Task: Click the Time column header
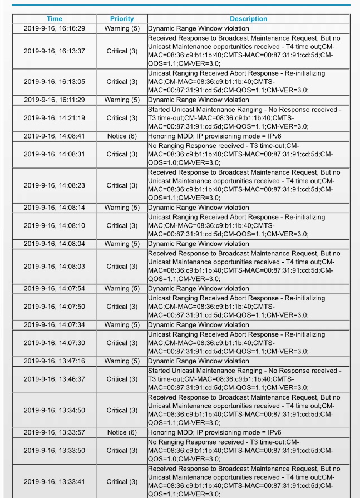pos(55,19)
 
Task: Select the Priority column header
pos(122,19)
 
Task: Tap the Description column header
pos(248,19)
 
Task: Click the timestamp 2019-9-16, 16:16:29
pos(55,28)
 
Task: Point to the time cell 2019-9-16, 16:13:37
pos(55,51)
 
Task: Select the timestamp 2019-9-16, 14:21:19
pos(55,118)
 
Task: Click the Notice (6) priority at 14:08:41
pos(122,136)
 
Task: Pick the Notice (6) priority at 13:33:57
pos(122,432)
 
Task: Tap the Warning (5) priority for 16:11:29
pos(122,100)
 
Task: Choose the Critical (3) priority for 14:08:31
pos(122,154)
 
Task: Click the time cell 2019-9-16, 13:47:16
pos(55,361)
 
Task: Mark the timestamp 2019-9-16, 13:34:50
pos(55,410)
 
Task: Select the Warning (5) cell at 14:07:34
pos(122,325)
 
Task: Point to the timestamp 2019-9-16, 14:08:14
pos(55,208)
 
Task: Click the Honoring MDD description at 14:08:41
pos(214,136)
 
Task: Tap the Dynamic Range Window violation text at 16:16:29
pos(199,28)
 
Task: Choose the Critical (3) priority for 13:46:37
pos(122,379)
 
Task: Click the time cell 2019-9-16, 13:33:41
pos(55,482)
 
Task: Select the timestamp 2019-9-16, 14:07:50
pos(55,307)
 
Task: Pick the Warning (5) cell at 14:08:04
pos(122,244)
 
